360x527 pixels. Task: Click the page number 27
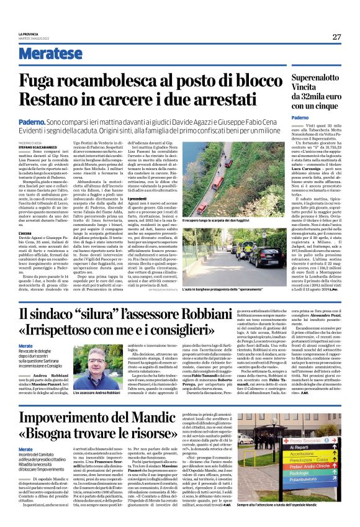pyautogui.click(x=336, y=37)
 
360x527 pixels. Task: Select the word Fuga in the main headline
pyautogui.click(x=58, y=82)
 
